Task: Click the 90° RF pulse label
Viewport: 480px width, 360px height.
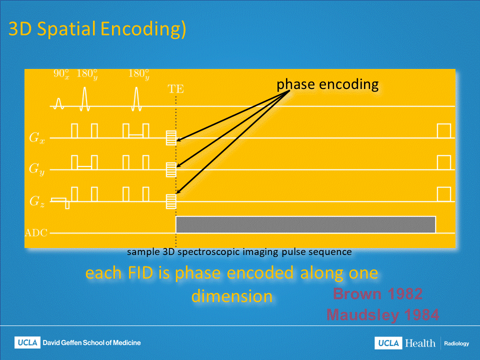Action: tap(61, 74)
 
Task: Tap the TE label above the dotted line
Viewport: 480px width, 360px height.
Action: tap(175, 89)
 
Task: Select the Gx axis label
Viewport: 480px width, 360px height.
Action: tap(37, 138)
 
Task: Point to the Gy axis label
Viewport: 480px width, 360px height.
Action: tap(37, 169)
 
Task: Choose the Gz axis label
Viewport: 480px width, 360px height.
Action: tap(37, 201)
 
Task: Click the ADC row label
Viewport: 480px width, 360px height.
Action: tap(36, 233)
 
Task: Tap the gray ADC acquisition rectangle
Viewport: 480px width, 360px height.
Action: tap(305, 224)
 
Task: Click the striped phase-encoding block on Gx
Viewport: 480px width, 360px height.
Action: tap(171, 138)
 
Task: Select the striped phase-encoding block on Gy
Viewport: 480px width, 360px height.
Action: tap(171, 169)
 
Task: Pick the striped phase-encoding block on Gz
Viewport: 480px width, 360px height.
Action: tap(171, 201)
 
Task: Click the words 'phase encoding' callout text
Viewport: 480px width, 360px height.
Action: tap(327, 84)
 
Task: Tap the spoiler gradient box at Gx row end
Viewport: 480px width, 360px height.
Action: tap(444, 131)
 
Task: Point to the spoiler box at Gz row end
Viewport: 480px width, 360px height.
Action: tap(444, 194)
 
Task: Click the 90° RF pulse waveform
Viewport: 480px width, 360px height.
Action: tap(59, 103)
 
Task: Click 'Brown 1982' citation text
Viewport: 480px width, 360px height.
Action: tap(378, 294)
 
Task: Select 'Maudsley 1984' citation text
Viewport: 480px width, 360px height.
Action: tap(382, 314)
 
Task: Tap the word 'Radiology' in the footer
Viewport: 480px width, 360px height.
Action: tap(456, 343)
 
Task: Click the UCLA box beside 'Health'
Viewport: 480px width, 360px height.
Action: tap(388, 343)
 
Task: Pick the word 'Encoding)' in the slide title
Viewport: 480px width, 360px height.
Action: tap(143, 29)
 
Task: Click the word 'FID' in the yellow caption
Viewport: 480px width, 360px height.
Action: tap(140, 273)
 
